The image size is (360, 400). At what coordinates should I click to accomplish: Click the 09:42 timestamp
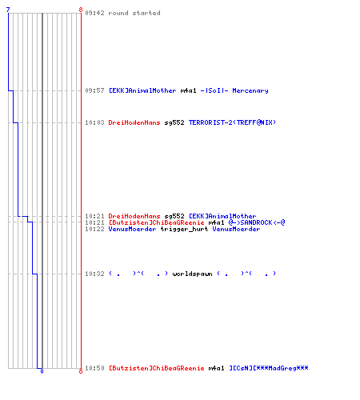click(x=94, y=13)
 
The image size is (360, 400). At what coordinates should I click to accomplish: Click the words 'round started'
click(x=134, y=13)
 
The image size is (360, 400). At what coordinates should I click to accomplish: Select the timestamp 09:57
click(x=94, y=90)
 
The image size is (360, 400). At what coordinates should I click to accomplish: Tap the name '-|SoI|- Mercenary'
click(x=234, y=90)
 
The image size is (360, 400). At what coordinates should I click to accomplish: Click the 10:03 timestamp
click(x=94, y=122)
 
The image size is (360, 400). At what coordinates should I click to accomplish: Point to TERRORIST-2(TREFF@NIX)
click(x=232, y=122)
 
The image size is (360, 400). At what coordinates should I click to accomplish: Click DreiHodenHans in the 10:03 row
click(x=134, y=122)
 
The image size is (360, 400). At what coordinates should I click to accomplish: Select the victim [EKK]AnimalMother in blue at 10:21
click(x=222, y=216)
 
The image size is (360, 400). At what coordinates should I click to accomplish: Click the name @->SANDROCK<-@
click(x=257, y=222)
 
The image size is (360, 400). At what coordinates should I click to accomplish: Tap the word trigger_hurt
click(x=184, y=229)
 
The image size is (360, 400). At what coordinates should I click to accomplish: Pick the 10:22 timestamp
click(x=94, y=229)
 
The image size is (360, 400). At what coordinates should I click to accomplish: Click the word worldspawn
click(x=192, y=274)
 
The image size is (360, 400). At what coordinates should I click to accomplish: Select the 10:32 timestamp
click(x=94, y=274)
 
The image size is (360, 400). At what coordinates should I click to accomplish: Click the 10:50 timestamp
click(x=94, y=368)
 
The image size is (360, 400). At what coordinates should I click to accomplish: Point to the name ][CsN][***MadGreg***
click(x=269, y=368)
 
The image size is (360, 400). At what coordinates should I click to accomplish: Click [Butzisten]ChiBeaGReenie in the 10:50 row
click(x=157, y=368)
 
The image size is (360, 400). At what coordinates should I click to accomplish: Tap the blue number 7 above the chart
click(x=8, y=10)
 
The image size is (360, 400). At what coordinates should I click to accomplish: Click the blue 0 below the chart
click(x=42, y=371)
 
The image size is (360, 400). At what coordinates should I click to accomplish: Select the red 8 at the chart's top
click(x=81, y=10)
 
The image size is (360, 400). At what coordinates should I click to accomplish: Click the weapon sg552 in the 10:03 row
click(x=174, y=122)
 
